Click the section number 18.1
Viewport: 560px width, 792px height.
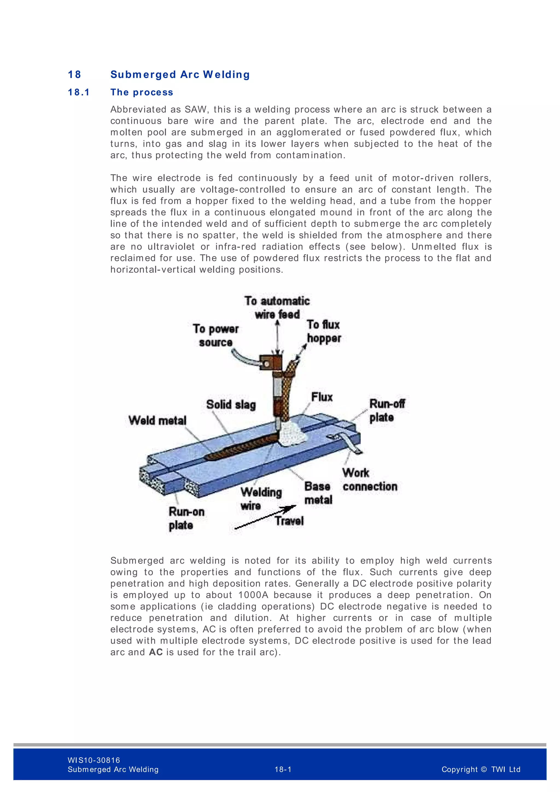[x=79, y=92]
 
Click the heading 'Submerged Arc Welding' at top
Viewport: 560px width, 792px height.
[x=180, y=74]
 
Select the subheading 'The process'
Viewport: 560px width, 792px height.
[x=142, y=92]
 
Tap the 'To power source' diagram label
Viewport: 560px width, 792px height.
[x=216, y=335]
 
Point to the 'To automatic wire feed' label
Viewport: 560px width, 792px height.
[x=277, y=307]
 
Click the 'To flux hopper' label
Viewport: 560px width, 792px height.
[x=323, y=331]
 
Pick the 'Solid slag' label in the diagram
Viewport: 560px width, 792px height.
[x=231, y=405]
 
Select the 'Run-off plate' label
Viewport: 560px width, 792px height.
[x=387, y=410]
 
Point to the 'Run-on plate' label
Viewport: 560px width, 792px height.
[x=186, y=519]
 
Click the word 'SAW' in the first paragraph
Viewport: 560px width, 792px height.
[x=195, y=109]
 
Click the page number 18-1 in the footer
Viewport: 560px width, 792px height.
[x=283, y=769]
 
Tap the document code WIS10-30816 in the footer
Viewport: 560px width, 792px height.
[x=94, y=760]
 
